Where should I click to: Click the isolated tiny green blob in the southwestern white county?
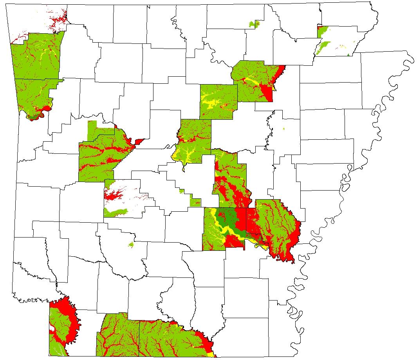pyautogui.click(x=131, y=245)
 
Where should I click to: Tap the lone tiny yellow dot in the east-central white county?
pyautogui.click(x=283, y=129)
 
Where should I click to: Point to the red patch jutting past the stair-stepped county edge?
pyautogui.click(x=139, y=141)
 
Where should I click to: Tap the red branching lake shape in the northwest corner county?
pyautogui.click(x=57, y=20)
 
